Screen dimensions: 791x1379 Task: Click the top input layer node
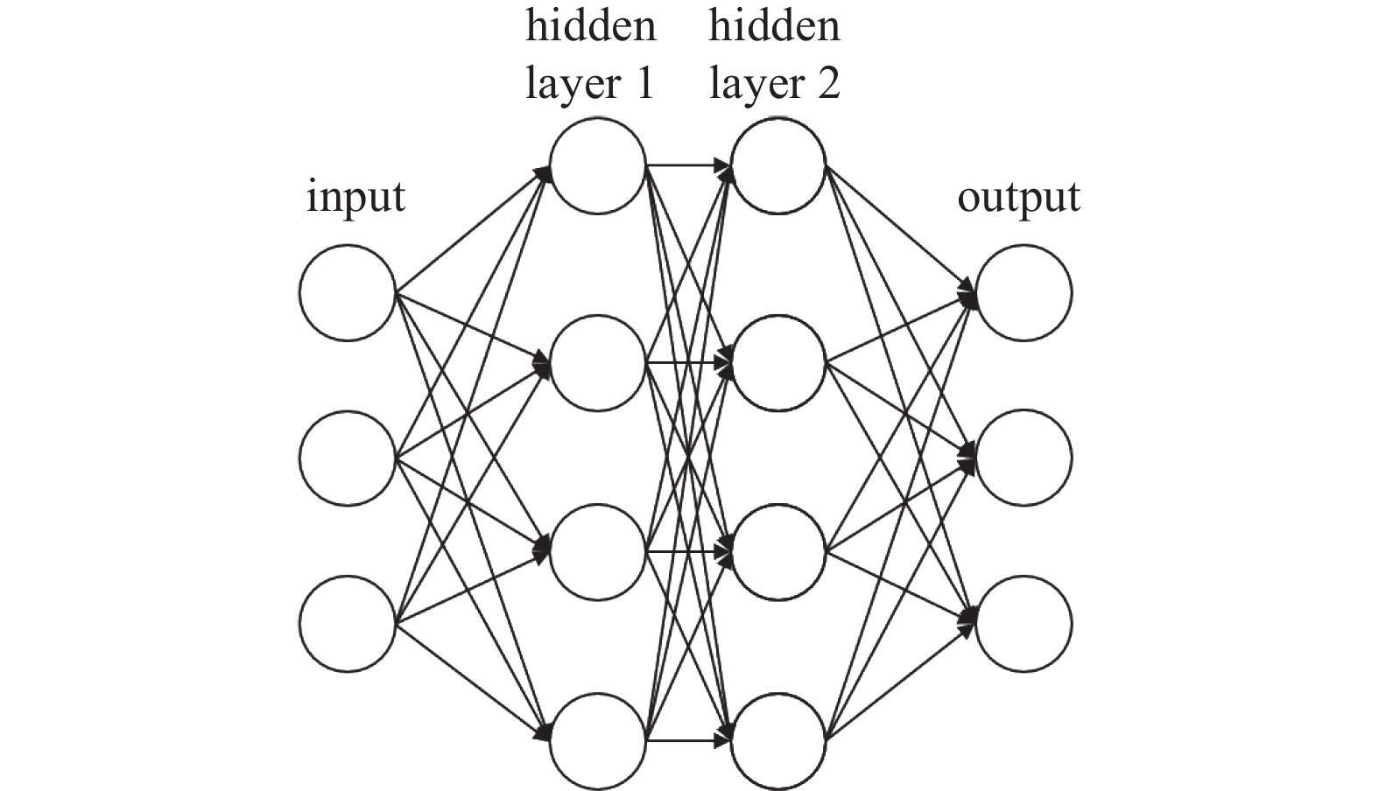point(348,292)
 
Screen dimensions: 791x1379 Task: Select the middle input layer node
point(348,457)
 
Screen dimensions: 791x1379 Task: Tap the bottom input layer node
point(348,623)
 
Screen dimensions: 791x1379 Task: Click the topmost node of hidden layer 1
point(598,165)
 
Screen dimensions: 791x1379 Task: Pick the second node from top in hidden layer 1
point(598,362)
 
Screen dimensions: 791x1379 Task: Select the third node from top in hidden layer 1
point(598,551)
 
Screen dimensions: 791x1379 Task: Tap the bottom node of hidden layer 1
point(598,741)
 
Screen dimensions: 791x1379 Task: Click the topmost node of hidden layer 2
point(778,165)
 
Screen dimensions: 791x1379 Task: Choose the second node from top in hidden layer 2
point(778,362)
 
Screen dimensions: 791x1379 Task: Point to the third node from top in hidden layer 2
point(778,551)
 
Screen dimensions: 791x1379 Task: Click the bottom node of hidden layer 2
point(778,741)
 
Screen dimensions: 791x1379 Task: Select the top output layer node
point(1024,292)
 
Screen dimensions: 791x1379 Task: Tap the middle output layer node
point(1024,457)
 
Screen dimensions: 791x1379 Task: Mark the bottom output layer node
point(1024,623)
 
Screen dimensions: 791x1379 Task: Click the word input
point(355,198)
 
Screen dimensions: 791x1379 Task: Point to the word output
point(1018,198)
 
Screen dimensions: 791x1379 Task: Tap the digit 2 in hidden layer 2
point(827,83)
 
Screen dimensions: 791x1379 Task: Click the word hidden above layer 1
point(590,25)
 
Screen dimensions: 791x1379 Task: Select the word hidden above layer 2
point(774,25)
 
